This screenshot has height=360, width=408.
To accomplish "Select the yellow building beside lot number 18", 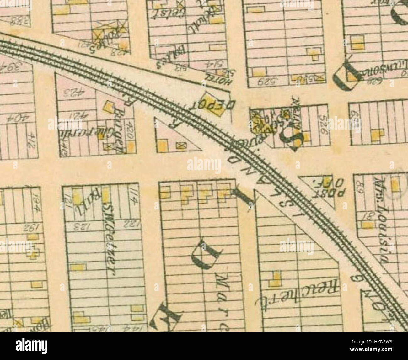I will point(368,225).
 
